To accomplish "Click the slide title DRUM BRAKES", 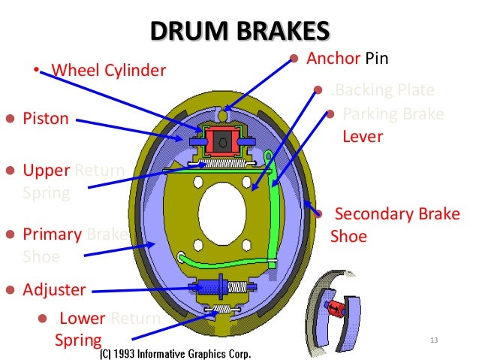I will (239, 31).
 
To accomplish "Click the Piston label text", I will (46, 119).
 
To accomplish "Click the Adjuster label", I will (54, 289).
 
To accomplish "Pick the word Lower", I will (83, 318).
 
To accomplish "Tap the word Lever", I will (363, 137).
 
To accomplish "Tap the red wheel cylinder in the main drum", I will (224, 141).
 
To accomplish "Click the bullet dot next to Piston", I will (11, 119).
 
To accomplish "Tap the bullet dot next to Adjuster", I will (11, 289).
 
